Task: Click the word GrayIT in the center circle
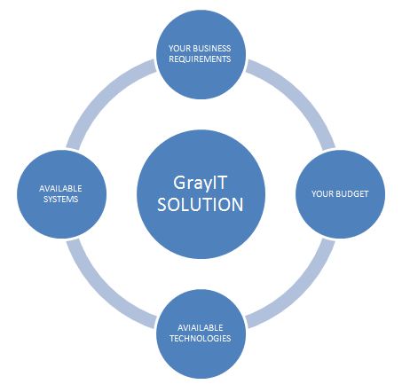pos(200,184)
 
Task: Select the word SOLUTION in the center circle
pos(201,204)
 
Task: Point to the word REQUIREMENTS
pos(200,59)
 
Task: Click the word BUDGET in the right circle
pos(351,194)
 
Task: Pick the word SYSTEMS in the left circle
pos(61,199)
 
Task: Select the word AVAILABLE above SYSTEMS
pos(60,188)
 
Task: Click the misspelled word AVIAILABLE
pos(201,327)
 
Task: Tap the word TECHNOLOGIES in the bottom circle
pos(201,338)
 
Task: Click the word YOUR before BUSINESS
pos(179,48)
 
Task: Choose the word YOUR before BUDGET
pos(322,194)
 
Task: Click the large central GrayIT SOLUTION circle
pos(201,194)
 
